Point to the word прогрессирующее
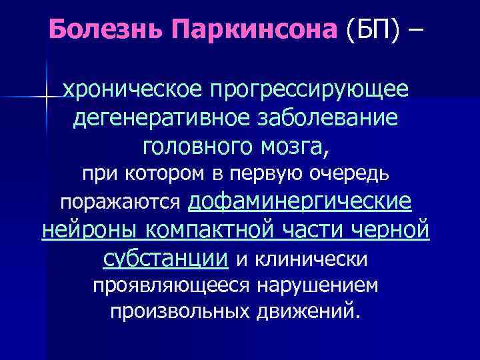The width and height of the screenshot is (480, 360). pos(305,89)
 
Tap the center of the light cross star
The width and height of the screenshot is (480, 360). pos(46,97)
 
